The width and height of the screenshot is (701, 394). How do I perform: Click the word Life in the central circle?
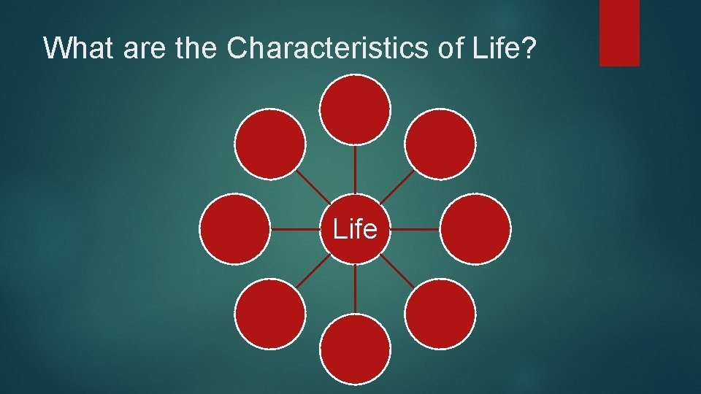[x=355, y=229]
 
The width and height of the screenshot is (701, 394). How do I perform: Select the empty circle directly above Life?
[x=355, y=109]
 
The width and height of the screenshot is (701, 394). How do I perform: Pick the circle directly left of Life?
[x=235, y=229]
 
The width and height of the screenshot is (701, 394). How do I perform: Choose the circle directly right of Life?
[x=476, y=229]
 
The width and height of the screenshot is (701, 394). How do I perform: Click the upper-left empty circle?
[x=270, y=144]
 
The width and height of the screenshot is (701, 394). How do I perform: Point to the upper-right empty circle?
[x=440, y=144]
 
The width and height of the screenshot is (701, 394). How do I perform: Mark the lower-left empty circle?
[x=270, y=314]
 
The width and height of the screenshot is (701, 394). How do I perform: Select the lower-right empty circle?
[x=440, y=314]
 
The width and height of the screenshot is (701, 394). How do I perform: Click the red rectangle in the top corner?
[x=619, y=33]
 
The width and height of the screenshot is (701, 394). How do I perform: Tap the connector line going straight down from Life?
[x=355, y=288]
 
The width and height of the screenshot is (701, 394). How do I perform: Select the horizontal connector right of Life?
[x=415, y=228]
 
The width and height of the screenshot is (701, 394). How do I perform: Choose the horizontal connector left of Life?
[x=296, y=228]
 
